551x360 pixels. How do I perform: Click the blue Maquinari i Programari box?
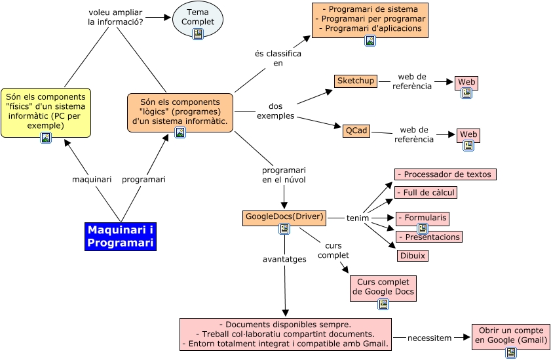coord(121,237)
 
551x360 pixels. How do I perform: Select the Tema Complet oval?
coord(197,18)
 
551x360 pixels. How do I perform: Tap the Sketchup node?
coord(356,81)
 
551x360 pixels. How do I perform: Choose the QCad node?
coord(356,130)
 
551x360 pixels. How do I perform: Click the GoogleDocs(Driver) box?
coord(284,216)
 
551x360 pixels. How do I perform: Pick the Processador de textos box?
coord(445,174)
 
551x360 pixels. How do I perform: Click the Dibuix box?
coord(413,256)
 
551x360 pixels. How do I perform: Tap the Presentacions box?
coord(428,237)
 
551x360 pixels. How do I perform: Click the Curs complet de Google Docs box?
coord(383,287)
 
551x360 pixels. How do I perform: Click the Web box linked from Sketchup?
coord(466,82)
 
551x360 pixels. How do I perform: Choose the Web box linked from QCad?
coord(468,134)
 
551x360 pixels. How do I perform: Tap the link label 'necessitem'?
coord(429,338)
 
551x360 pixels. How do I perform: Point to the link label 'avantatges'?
coord(284,259)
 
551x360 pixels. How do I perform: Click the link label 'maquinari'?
coord(91,179)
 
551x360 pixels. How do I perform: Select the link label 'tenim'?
coord(358,218)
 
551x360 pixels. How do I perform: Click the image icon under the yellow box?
coord(46,138)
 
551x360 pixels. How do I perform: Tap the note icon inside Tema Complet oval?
coord(197,34)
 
